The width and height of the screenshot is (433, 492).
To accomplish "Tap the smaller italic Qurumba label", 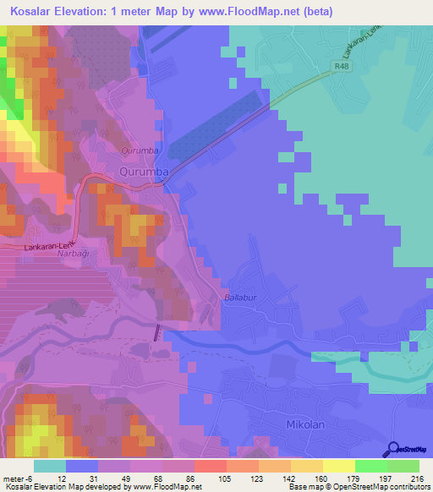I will pyautogui.click(x=140, y=151).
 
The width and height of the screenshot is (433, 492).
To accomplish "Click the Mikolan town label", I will pyautogui.click(x=305, y=426).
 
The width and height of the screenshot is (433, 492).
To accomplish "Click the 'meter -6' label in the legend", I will pyautogui.click(x=16, y=478).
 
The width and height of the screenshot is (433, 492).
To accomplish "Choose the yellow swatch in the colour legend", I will pyautogui.click(x=338, y=466).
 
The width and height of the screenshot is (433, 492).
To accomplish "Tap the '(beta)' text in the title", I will pyautogui.click(x=319, y=12).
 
